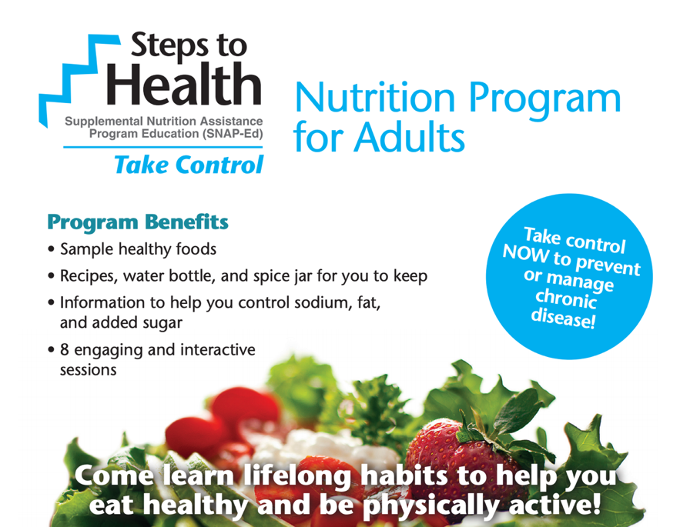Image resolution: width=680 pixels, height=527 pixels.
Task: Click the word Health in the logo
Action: [184, 84]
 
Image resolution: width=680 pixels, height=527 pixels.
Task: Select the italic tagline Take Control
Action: [189, 165]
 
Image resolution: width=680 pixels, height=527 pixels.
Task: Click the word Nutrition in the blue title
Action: [375, 98]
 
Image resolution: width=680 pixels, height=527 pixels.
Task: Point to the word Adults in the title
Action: [410, 138]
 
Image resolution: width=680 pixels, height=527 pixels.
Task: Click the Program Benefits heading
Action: [138, 222]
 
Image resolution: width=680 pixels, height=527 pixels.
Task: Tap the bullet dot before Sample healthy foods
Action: [52, 249]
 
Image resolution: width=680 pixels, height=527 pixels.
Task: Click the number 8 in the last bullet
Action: [64, 350]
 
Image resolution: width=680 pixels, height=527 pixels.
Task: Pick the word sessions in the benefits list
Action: [88, 370]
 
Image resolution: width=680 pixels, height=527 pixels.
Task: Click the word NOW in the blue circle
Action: [525, 253]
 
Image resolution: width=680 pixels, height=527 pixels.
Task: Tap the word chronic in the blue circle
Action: [566, 299]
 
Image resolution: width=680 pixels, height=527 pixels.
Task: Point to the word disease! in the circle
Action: [563, 318]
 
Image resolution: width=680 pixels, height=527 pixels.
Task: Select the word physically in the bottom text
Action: [430, 505]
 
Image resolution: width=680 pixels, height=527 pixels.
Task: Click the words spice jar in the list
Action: [283, 276]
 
